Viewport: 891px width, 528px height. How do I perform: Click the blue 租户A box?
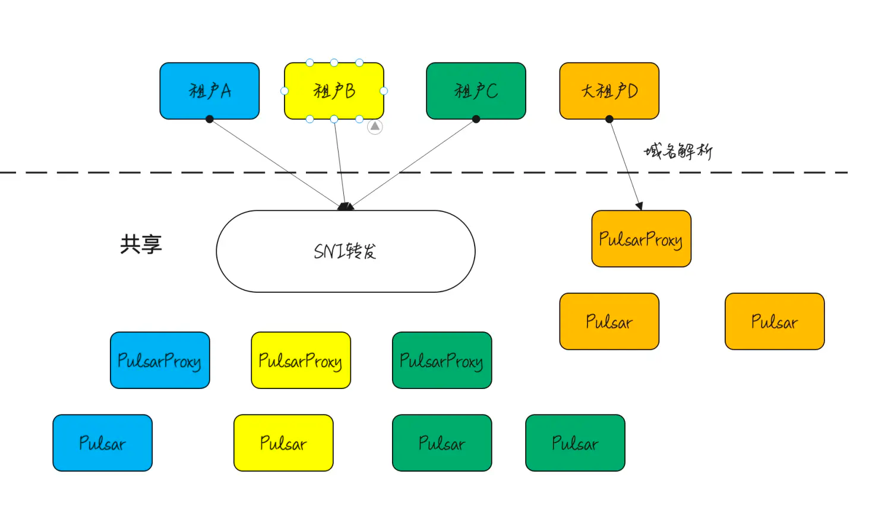[209, 91]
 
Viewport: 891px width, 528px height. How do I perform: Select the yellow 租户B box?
[334, 91]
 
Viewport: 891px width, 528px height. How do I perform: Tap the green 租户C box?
[476, 91]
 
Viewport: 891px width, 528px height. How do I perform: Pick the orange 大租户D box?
[609, 91]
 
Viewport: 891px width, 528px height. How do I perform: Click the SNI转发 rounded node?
[345, 251]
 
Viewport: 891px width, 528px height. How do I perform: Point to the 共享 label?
[141, 244]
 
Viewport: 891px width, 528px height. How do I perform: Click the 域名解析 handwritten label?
[678, 151]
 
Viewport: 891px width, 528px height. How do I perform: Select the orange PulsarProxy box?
[641, 239]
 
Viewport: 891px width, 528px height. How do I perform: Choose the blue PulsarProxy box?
[160, 361]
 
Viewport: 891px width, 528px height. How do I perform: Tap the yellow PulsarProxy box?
[301, 361]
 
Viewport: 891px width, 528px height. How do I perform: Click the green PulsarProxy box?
[442, 361]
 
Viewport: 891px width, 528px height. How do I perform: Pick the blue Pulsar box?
[102, 443]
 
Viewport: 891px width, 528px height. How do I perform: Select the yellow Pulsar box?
[283, 443]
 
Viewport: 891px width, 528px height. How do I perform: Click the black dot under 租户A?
[209, 119]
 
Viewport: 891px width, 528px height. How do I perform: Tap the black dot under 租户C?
[476, 119]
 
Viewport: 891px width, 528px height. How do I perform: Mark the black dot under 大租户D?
[609, 119]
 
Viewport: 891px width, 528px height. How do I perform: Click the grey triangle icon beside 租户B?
[375, 127]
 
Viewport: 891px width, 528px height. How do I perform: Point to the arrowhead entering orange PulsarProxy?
[640, 206]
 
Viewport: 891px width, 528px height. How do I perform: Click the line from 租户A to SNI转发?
[273, 162]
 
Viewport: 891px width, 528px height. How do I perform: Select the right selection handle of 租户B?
[384, 91]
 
